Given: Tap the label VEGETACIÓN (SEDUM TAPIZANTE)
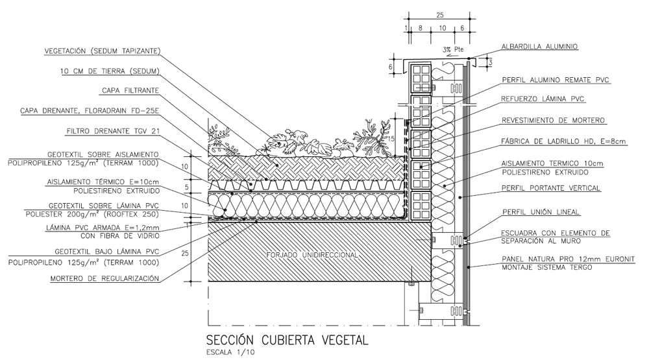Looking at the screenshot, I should click(102, 51).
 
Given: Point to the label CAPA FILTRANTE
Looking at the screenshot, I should click(130, 91).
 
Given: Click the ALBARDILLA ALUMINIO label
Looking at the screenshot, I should click(539, 46).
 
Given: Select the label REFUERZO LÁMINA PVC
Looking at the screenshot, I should click(543, 99).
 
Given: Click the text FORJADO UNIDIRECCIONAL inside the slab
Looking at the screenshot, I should click(313, 256).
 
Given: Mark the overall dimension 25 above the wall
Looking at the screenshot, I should click(439, 14).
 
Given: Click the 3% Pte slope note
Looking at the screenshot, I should click(453, 49).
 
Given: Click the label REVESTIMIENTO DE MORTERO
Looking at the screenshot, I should click(554, 121).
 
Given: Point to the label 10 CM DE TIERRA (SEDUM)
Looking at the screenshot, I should click(110, 71).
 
